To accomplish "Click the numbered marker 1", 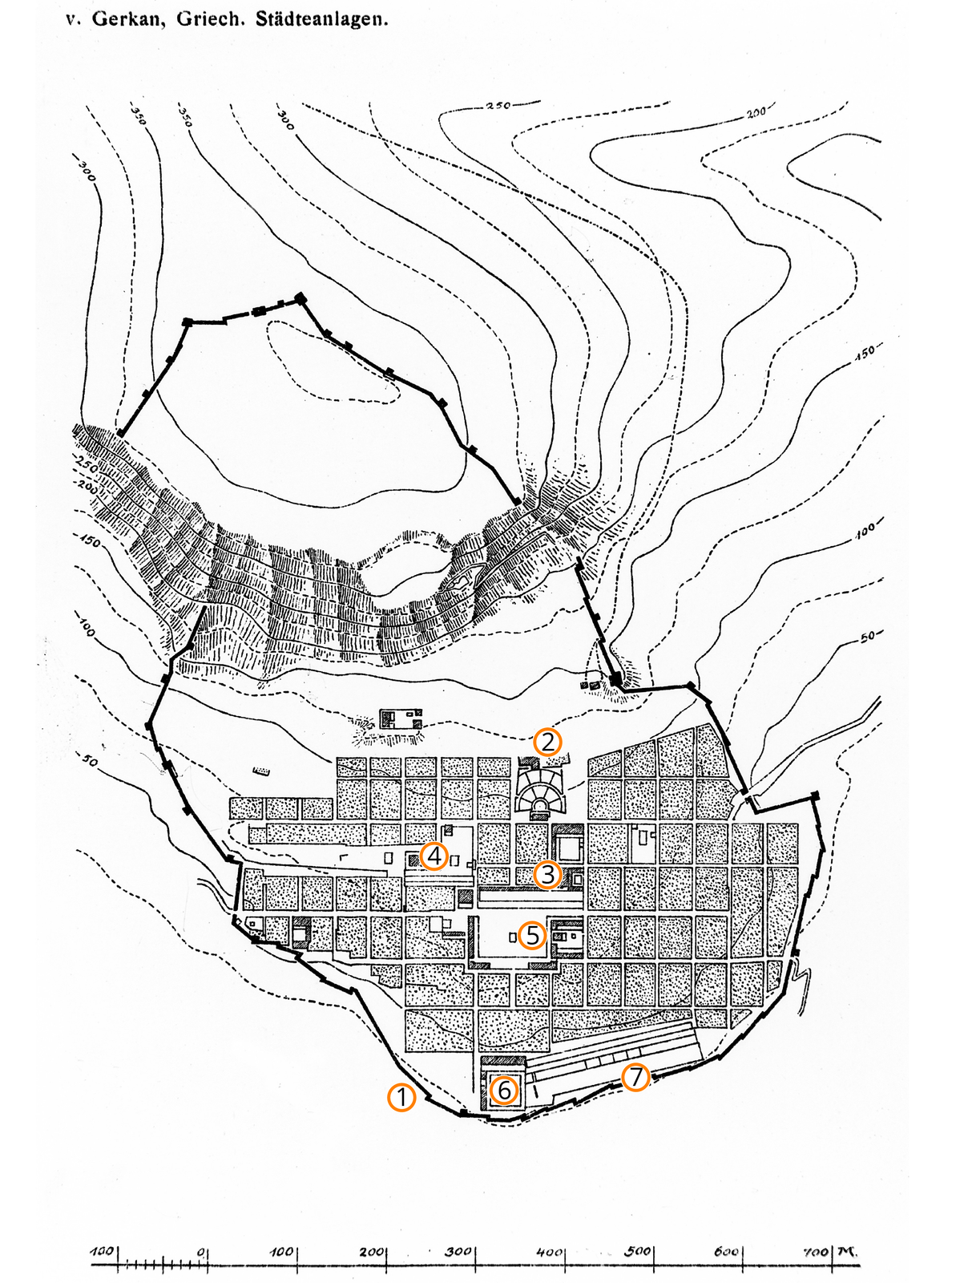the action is (x=401, y=1098).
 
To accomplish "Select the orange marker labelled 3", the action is (x=547, y=875).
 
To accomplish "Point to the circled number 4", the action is (x=434, y=856).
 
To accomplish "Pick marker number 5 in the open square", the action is (x=532, y=935).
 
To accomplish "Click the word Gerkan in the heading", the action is (x=129, y=19).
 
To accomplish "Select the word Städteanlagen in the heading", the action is (x=322, y=19).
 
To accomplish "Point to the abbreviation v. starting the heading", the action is (x=74, y=21).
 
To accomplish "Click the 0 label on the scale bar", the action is (x=201, y=1252).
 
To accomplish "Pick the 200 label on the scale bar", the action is (x=371, y=1252).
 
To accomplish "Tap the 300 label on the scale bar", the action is (x=458, y=1252).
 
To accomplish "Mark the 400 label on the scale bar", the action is (x=550, y=1252).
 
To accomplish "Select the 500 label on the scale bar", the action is (x=637, y=1252).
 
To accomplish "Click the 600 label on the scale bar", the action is (x=726, y=1252).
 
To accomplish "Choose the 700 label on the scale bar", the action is (x=816, y=1252).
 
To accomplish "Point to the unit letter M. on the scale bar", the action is (x=847, y=1252).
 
